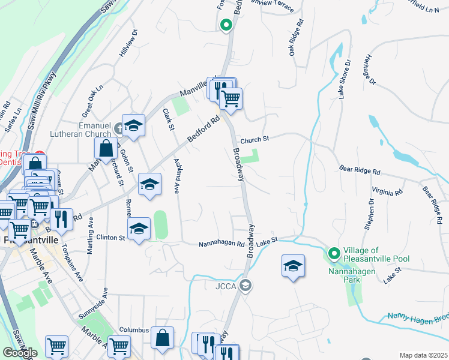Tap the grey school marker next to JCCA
tap(244, 285)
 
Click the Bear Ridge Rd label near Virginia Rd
tap(360, 171)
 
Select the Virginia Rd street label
tap(387, 192)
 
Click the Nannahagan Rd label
tap(222, 244)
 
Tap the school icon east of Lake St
tap(293, 266)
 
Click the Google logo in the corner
tap(20, 353)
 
